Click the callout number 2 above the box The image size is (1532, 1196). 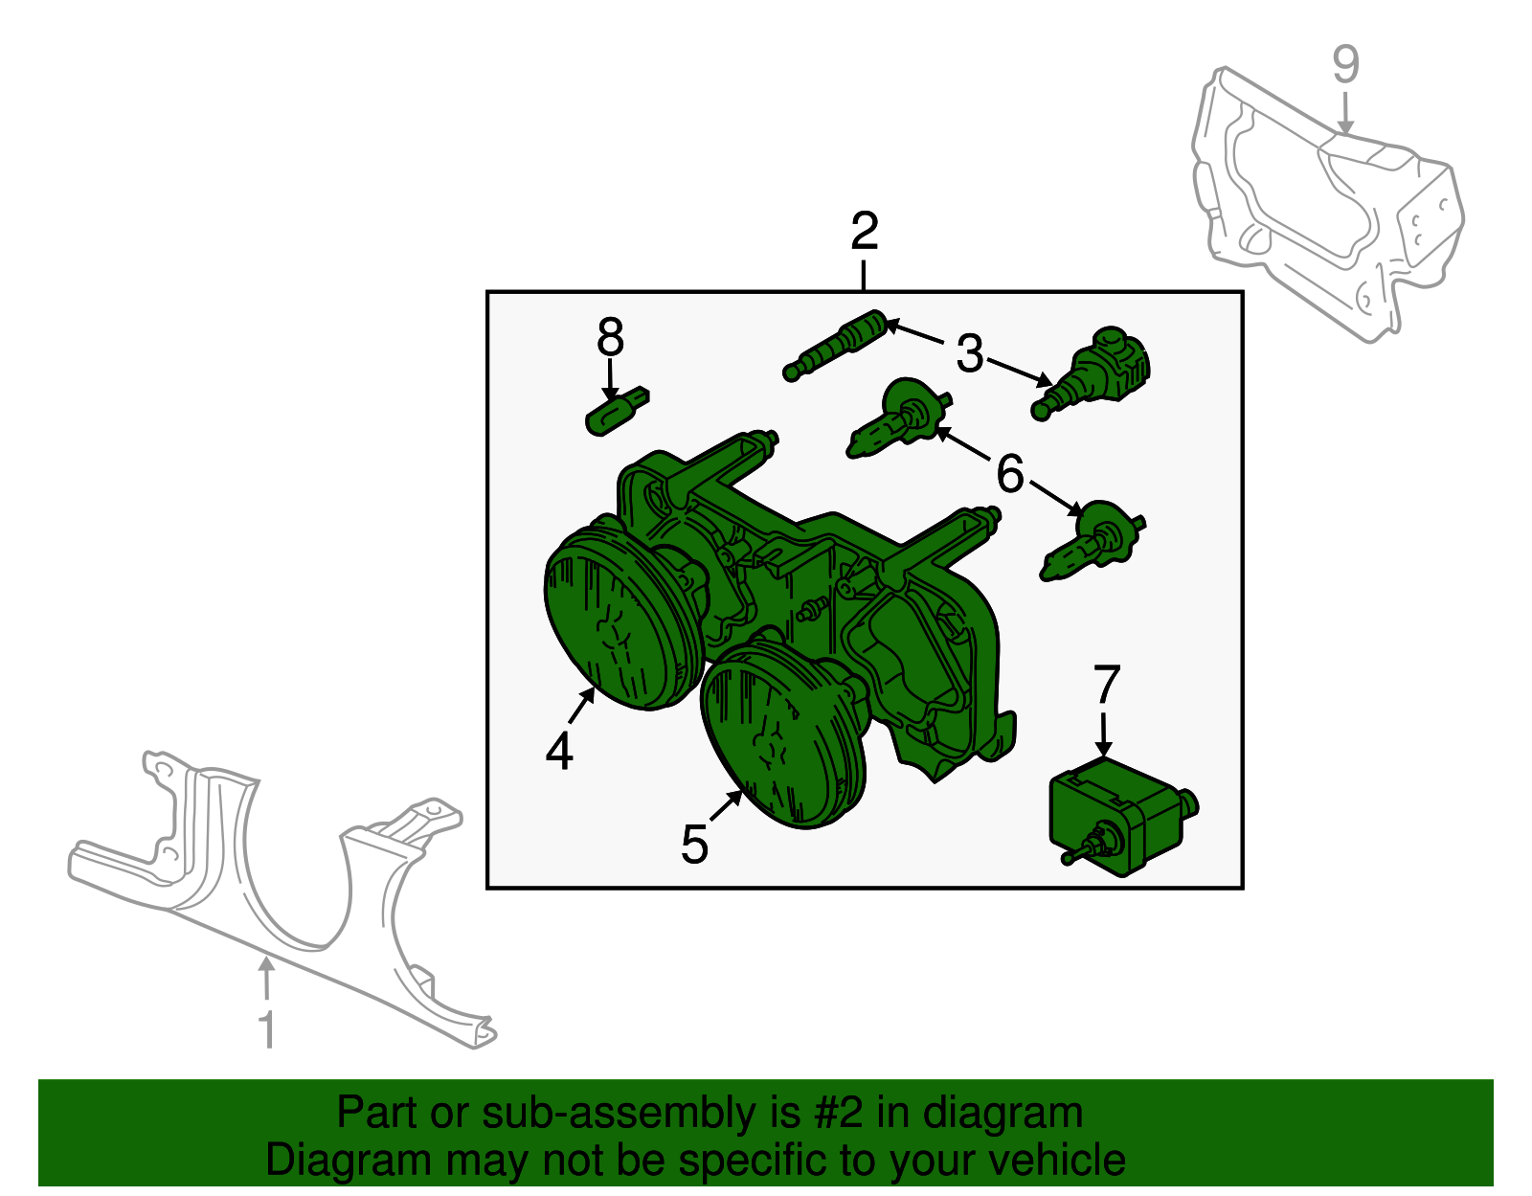[x=865, y=231]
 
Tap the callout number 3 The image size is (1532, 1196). [x=969, y=353]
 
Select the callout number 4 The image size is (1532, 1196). [x=559, y=751]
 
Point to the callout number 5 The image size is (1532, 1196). [x=694, y=845]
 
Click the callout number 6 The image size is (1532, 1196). [x=1009, y=473]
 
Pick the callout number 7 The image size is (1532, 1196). [x=1106, y=684]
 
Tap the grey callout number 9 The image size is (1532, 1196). [x=1345, y=64]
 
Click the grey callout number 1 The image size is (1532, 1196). [x=267, y=1029]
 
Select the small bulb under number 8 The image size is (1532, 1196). [x=617, y=412]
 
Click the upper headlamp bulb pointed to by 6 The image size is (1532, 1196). [x=897, y=419]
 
